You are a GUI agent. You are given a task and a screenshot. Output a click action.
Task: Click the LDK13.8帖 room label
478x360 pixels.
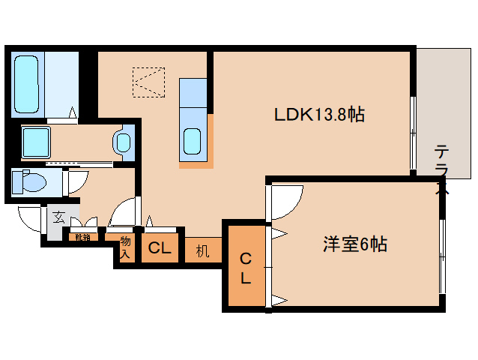coord(319,114)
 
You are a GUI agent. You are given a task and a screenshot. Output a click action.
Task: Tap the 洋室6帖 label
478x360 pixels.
coord(354,244)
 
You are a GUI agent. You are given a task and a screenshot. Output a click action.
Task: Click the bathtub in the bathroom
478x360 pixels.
coord(28,84)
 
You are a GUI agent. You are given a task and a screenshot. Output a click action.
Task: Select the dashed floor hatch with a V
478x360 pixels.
coord(148,82)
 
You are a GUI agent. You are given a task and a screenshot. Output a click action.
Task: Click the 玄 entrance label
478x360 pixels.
coord(58,219)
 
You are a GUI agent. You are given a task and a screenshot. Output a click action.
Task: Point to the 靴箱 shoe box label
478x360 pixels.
coord(82,238)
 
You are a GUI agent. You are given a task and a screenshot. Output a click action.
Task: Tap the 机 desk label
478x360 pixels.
coord(202,250)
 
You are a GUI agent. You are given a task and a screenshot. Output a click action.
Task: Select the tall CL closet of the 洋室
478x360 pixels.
coord(245,268)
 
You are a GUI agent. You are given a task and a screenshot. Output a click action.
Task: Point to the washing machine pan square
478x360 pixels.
coord(36,141)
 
